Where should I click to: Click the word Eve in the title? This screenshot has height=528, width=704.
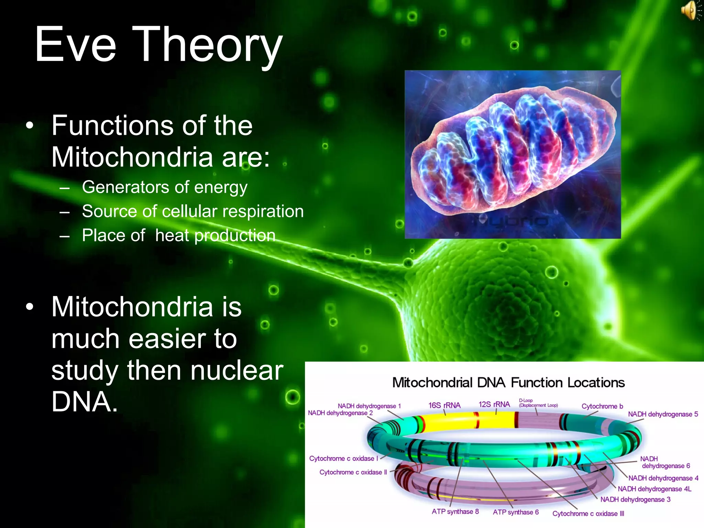click(x=76, y=45)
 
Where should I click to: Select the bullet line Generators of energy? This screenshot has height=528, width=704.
click(x=164, y=187)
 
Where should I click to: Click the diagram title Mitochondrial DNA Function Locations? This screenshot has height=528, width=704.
click(x=508, y=383)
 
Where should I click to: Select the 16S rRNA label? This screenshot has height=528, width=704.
click(x=444, y=405)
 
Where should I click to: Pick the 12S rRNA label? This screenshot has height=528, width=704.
click(x=494, y=404)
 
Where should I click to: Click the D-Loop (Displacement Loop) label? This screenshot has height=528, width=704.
click(x=538, y=403)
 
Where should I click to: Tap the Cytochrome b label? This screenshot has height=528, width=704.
click(x=602, y=406)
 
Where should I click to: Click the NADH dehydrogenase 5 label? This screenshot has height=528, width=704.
click(x=663, y=414)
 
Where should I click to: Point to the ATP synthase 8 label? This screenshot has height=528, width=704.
click(x=455, y=511)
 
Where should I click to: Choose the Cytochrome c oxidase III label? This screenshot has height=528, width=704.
click(x=588, y=514)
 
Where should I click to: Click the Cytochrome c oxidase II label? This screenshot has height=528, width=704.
click(x=353, y=472)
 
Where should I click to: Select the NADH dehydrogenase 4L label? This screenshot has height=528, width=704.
click(x=654, y=489)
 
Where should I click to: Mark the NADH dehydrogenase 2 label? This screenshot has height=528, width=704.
click(x=340, y=413)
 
